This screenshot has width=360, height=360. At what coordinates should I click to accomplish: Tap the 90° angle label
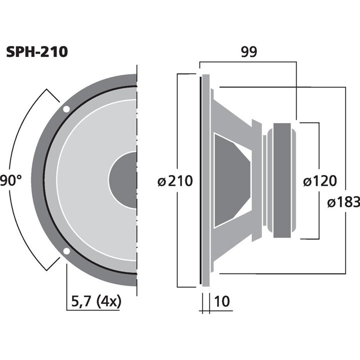pyautogui.click(x=11, y=180)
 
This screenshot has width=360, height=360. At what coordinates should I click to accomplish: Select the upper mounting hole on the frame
pyautogui.click(x=66, y=109)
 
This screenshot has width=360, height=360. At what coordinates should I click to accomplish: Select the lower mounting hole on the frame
pyautogui.click(x=66, y=251)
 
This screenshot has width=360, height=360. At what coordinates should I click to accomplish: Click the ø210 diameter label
pyautogui.click(x=175, y=181)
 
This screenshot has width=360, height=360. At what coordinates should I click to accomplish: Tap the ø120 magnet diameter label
pyautogui.click(x=320, y=181)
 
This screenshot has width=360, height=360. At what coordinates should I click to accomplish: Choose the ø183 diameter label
pyautogui.click(x=343, y=202)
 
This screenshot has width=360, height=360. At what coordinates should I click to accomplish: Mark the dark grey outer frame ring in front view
pyautogui.click(x=37, y=180)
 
